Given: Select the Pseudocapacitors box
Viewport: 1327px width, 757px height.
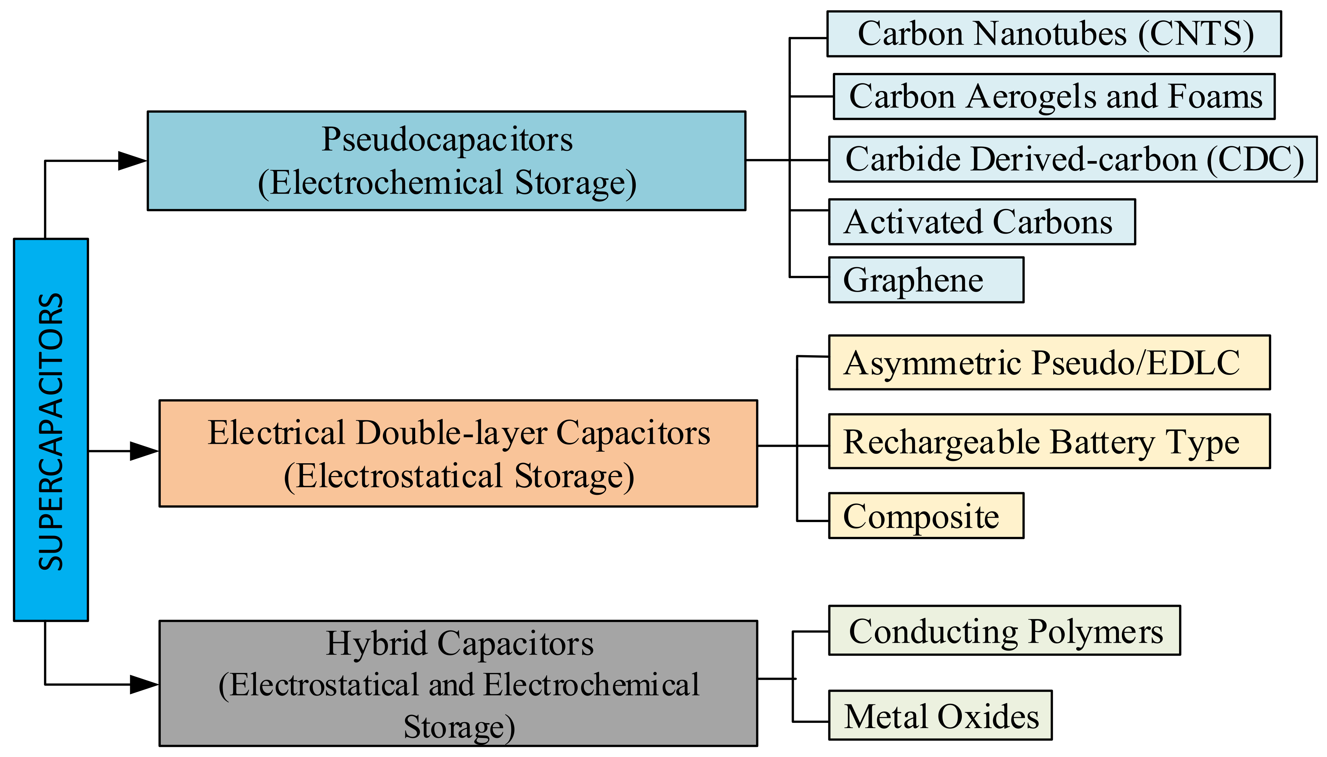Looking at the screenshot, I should coord(446,161).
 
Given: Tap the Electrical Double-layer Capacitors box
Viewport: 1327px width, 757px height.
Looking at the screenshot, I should coord(458,453).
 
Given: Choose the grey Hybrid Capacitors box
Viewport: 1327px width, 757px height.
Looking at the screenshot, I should coord(458,683).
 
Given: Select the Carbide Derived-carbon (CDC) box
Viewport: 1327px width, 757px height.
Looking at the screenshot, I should coord(1072,159).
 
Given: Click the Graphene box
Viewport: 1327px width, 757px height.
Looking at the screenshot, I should coord(926,280).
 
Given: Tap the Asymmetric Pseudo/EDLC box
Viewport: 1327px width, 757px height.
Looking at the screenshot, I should coord(1049,362).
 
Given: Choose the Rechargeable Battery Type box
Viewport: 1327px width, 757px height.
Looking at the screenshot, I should coord(1049,441).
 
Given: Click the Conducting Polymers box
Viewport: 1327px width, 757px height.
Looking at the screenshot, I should coord(1004,631).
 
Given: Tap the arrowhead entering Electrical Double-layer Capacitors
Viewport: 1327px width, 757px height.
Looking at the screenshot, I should coord(144,451).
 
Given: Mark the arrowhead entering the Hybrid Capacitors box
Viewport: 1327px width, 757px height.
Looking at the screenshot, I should coord(144,684).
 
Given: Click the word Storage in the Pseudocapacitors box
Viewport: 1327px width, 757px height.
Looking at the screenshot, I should coord(575,183).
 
